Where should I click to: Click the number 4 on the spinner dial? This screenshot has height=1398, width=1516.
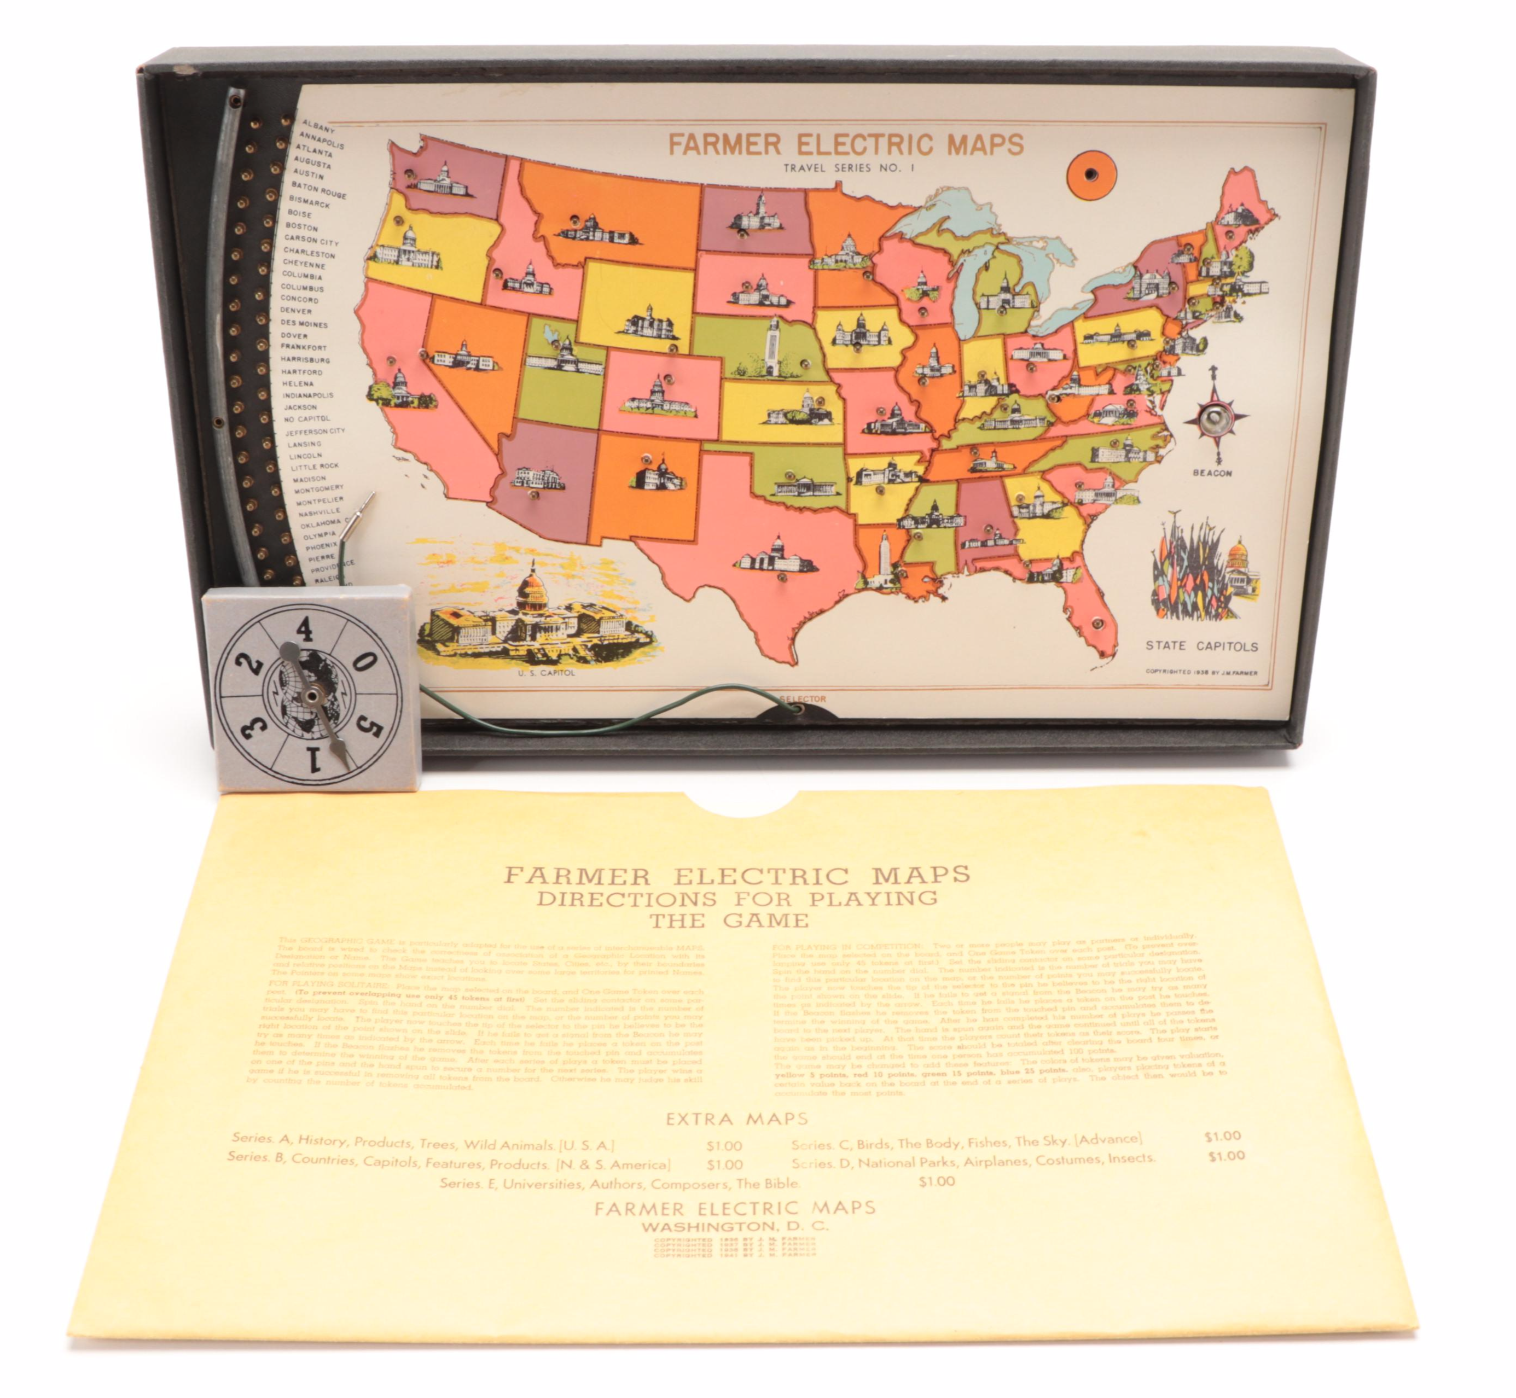[305, 628]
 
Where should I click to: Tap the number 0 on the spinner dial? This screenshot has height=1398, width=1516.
[364, 662]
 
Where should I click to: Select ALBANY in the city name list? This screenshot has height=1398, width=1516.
[318, 126]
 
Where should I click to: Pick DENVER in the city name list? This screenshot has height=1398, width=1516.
[296, 310]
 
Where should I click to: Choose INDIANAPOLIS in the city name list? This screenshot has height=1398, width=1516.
[308, 395]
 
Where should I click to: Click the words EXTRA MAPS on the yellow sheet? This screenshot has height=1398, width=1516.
[737, 1118]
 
